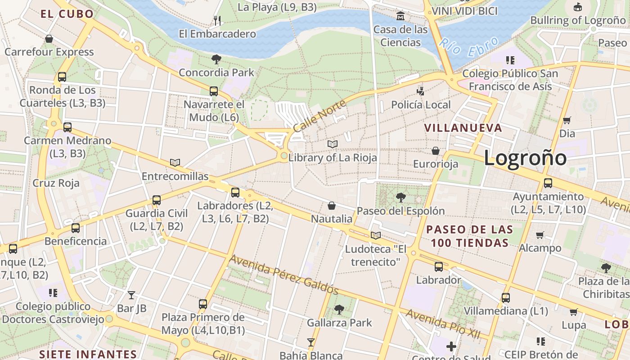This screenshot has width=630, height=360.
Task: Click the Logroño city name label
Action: tap(525, 158)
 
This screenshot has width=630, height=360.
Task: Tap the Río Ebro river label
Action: tap(469, 47)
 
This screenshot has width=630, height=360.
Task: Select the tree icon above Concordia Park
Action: tap(216, 59)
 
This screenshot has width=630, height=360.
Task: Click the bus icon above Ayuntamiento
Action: tap(548, 183)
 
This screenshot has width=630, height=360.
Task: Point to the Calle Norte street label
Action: tap(319, 116)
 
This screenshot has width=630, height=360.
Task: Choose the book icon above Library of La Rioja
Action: tap(333, 144)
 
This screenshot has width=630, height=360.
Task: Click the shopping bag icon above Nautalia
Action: tap(332, 206)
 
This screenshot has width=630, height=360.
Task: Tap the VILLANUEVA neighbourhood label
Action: tap(463, 128)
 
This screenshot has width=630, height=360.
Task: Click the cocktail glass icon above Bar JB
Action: tap(131, 295)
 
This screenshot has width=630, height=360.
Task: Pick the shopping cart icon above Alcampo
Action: tap(540, 234)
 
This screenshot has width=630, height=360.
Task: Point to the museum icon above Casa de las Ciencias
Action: tap(400, 17)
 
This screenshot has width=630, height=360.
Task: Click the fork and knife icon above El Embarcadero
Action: tap(217, 20)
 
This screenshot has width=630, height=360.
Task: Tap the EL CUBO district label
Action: tap(67, 13)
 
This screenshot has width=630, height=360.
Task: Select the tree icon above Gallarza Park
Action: tap(339, 310)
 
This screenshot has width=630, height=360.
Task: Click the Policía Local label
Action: tap(421, 105)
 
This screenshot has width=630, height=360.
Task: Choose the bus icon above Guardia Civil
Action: tap(156, 200)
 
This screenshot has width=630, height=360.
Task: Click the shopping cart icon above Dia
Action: tap(567, 120)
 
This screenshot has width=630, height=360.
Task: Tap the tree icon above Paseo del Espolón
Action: tap(400, 197)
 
